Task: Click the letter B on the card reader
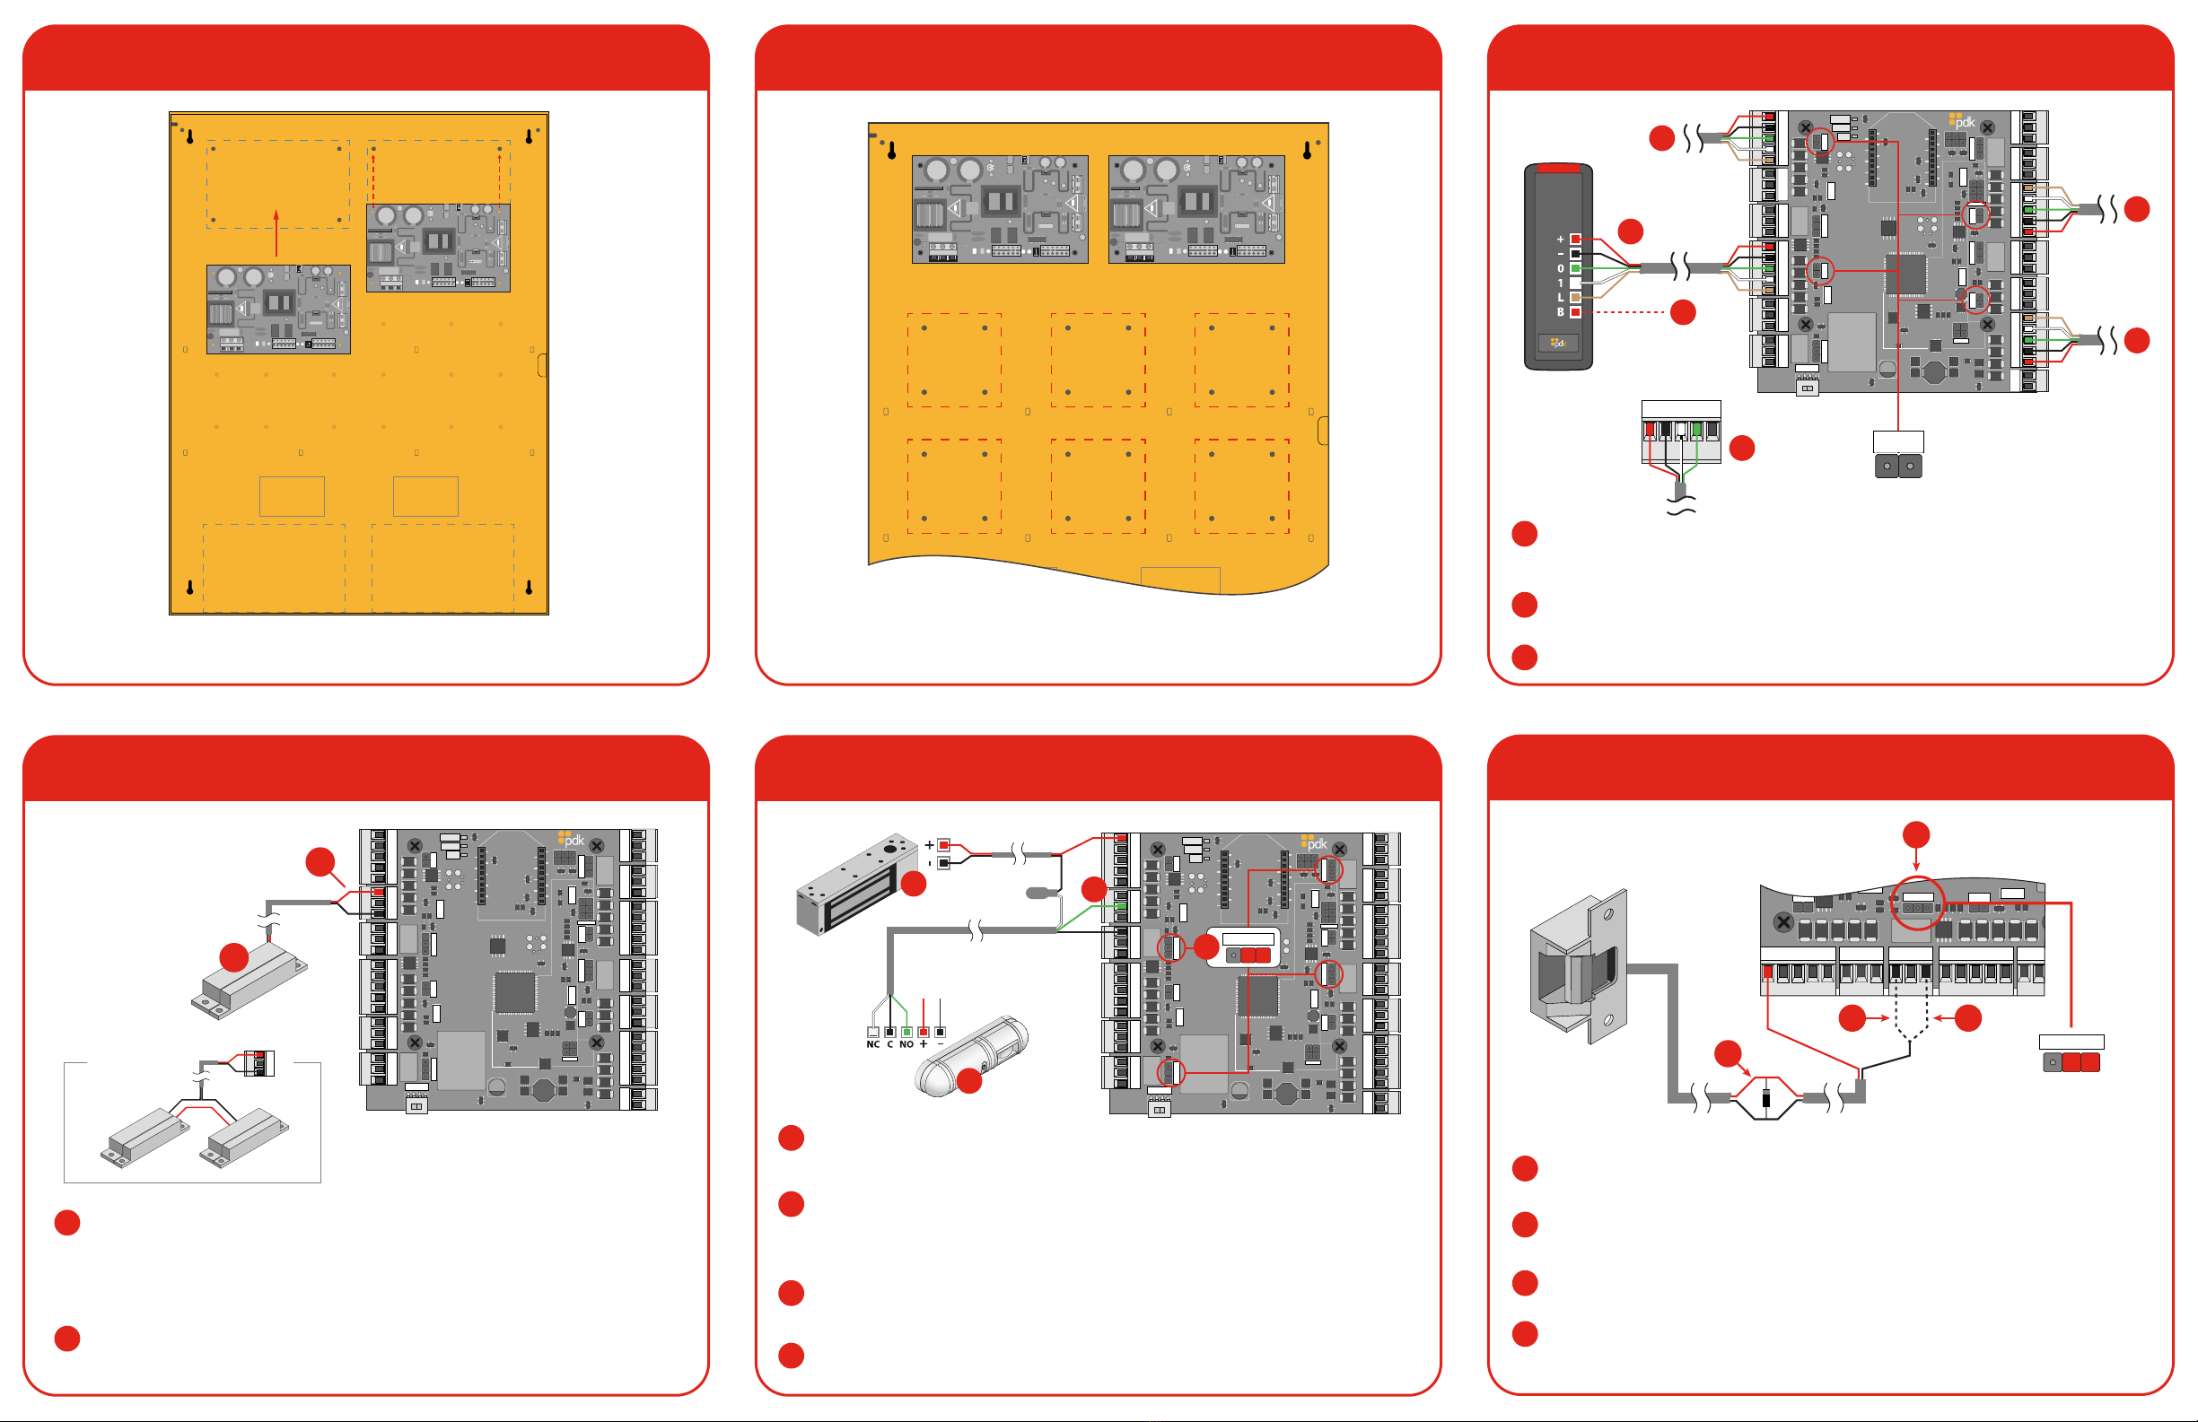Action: (x=1561, y=312)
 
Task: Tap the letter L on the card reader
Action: (x=1561, y=297)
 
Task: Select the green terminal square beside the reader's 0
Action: (x=1575, y=267)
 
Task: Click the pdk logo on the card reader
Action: (x=1559, y=344)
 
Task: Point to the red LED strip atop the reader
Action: (x=1559, y=168)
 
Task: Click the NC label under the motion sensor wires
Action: (x=872, y=1044)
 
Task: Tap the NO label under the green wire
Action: (x=906, y=1044)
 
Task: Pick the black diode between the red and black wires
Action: (x=1765, y=1098)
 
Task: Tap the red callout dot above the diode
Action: (x=1728, y=1052)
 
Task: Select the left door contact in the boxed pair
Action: (x=143, y=1136)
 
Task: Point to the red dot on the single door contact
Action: (x=233, y=956)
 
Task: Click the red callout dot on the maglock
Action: (x=914, y=884)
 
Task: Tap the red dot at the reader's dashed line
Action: (x=1684, y=312)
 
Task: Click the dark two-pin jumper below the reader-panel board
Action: (x=1898, y=467)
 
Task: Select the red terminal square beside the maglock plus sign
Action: (x=944, y=845)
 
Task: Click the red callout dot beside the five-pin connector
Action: (x=1742, y=448)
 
